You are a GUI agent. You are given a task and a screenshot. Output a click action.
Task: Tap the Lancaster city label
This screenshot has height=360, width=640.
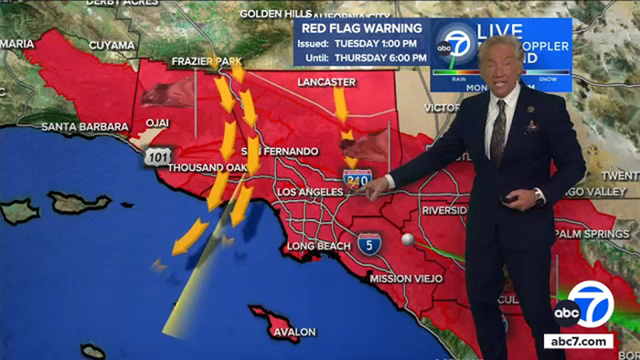[x=326, y=82]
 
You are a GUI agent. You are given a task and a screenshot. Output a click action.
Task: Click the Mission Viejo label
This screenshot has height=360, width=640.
[x=406, y=278]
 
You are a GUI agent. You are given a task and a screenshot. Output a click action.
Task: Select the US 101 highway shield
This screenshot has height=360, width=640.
[x=155, y=157]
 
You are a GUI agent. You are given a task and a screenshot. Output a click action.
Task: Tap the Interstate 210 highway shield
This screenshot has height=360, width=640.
[x=357, y=179]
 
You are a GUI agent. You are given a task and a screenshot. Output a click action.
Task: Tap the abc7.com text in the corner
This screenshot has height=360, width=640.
[x=579, y=341]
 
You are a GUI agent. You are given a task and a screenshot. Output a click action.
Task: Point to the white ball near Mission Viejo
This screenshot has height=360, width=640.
[x=408, y=238]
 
